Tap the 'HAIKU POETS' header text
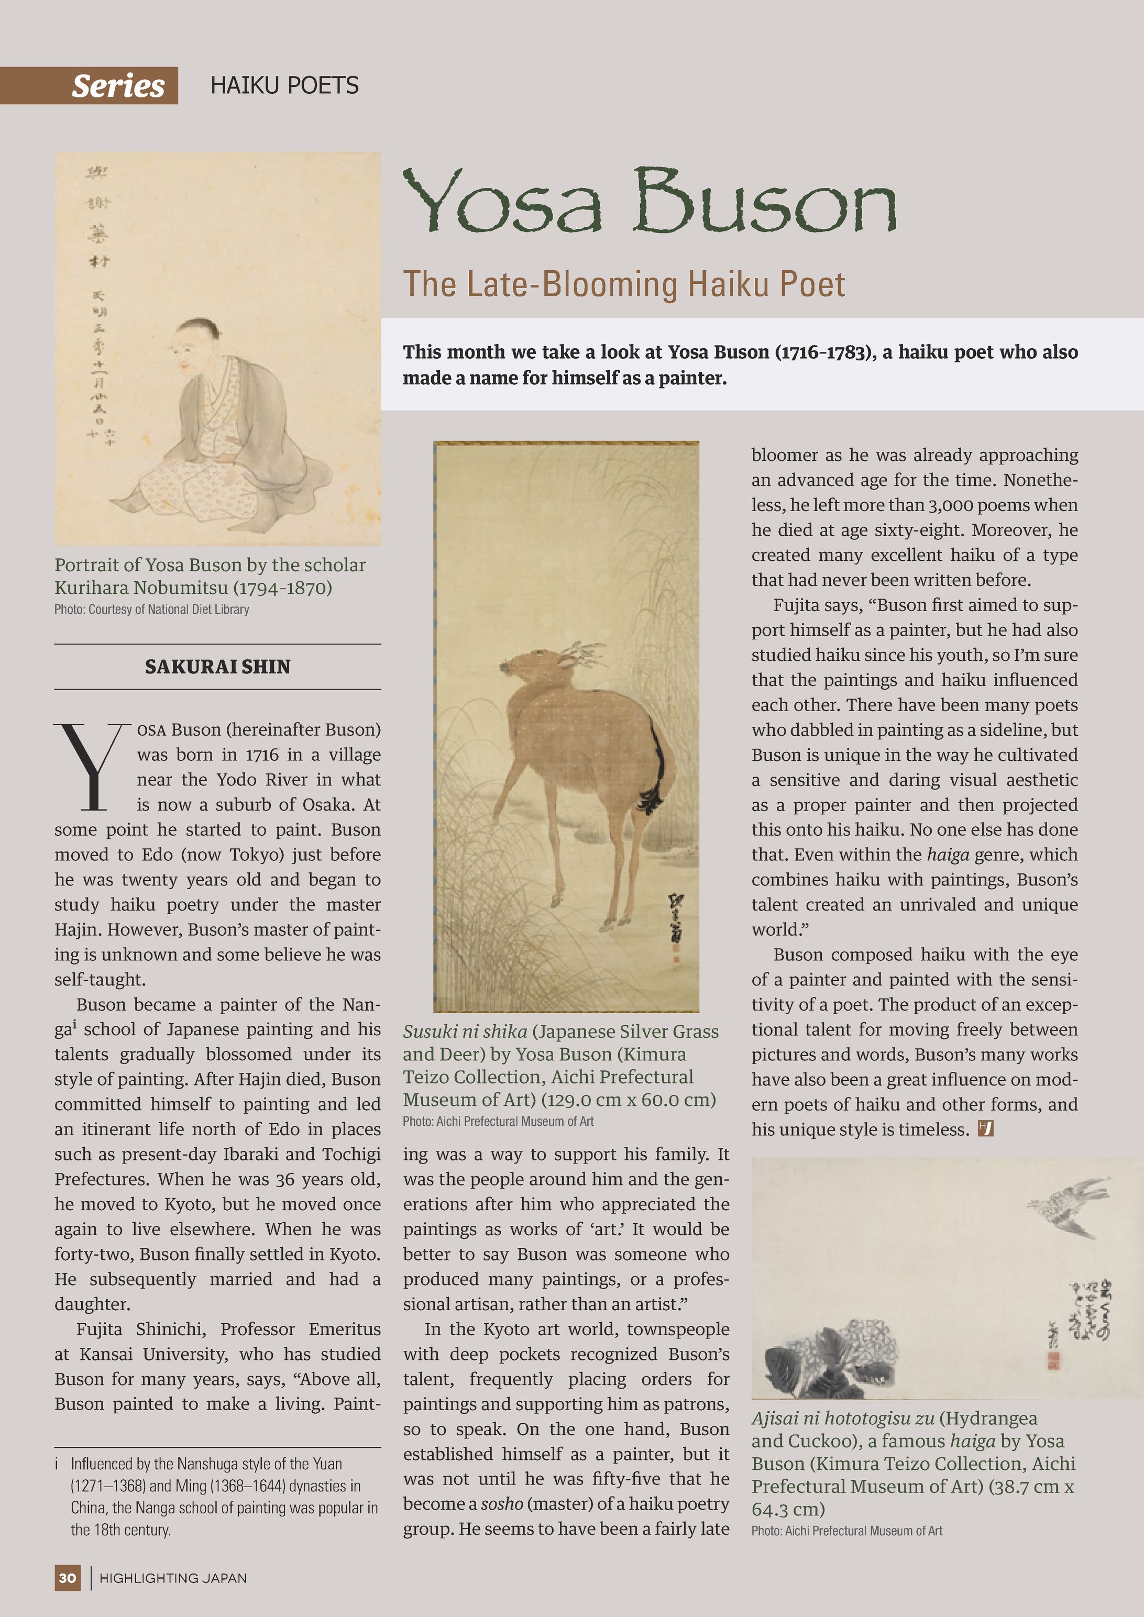click(x=284, y=86)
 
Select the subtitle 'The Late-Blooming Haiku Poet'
click(x=623, y=284)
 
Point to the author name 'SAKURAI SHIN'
click(x=218, y=666)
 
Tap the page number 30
click(x=68, y=1578)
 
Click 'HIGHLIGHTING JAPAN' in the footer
click(x=173, y=1578)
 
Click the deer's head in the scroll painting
click(x=525, y=665)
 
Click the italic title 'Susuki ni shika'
click(x=465, y=1032)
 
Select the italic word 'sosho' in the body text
click(x=502, y=1503)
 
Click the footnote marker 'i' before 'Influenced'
click(x=57, y=1464)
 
